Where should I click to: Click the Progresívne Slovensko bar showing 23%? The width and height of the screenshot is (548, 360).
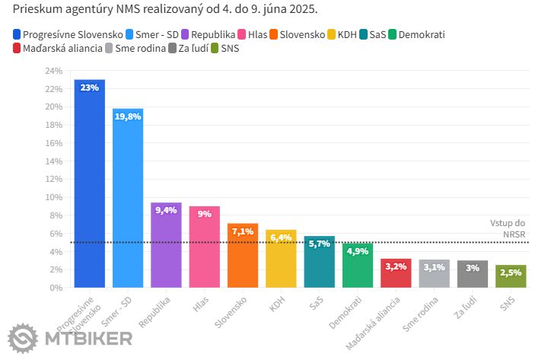coord(90,183)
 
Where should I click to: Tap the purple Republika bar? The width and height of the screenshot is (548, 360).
coord(166,245)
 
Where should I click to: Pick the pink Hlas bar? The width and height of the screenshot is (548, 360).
coord(204,247)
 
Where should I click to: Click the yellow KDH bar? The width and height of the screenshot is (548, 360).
coord(281,259)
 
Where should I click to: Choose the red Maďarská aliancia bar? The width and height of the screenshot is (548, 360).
coord(396,273)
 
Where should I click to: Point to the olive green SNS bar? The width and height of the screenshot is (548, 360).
coord(511,276)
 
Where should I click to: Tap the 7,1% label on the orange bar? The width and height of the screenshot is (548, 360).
coord(243,232)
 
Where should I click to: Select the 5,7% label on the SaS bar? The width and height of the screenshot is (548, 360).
coord(320,244)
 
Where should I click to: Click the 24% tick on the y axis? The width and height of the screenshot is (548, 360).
coord(53,71)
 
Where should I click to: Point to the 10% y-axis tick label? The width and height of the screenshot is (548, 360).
coord(53,197)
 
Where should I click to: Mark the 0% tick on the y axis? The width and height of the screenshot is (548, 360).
coord(56,288)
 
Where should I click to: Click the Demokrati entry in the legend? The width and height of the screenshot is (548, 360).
coord(416,35)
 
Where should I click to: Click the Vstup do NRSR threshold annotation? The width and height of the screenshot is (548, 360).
coord(508,228)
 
